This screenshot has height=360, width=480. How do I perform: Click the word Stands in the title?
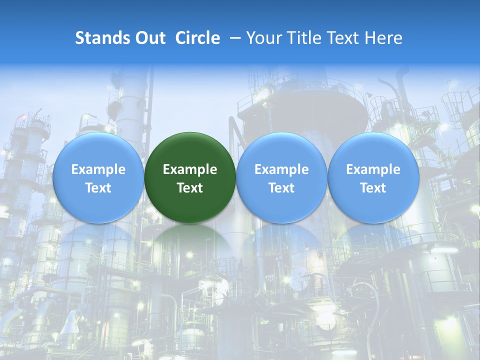pos(100,38)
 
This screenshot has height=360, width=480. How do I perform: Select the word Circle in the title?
pos(197,38)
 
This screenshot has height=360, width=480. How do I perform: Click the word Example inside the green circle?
pos(190,169)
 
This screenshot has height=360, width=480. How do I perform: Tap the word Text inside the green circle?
pos(190,188)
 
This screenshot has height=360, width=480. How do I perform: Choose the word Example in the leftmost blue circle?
pos(98,169)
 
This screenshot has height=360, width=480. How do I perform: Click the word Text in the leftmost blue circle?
pos(98,188)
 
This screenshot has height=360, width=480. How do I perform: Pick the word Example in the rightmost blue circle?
pos(373,169)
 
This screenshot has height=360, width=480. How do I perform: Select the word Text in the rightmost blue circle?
pos(373,188)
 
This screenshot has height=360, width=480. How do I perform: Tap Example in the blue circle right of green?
pos(281,169)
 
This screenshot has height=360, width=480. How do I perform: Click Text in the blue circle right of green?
pos(281,188)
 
